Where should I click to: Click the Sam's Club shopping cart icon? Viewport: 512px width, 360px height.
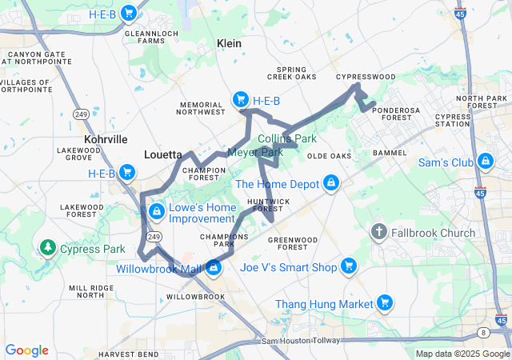tap(485, 162)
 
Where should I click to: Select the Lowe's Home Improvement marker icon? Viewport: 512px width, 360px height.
tap(157, 211)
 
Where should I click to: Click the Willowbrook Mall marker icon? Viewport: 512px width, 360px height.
tap(214, 268)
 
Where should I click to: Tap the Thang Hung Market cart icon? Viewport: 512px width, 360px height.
tap(385, 303)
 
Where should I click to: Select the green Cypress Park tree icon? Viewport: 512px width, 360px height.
tap(47, 248)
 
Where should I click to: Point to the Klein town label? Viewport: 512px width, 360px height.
tap(229, 44)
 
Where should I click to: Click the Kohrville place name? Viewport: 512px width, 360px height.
tap(106, 139)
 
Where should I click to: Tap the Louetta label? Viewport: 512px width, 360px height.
tap(163, 154)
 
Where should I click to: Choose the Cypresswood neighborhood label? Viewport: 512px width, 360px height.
tap(366, 77)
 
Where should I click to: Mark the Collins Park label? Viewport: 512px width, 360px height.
tap(287, 138)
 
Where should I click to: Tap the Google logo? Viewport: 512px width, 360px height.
tap(26, 350)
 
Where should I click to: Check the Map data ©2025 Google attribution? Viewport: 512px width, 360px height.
tap(462, 354)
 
